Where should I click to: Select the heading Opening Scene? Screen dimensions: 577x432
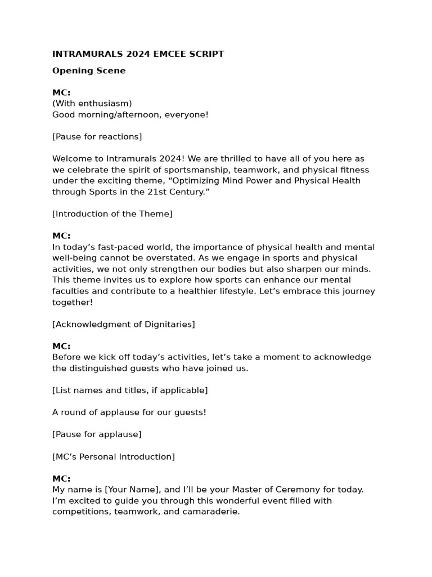[89, 71]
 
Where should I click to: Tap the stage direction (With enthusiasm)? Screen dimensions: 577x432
[92, 104]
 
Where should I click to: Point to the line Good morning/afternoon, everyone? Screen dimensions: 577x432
[130, 115]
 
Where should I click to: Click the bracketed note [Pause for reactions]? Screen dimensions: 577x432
[97, 137]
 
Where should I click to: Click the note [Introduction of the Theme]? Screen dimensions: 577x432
[112, 214]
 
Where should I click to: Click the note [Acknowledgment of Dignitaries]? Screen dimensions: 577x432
[124, 325]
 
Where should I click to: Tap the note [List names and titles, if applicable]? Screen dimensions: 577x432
[130, 390]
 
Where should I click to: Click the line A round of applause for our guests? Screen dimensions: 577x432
[129, 412]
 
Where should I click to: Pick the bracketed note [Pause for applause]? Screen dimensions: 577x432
[97, 434]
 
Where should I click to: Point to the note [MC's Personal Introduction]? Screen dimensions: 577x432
[114, 457]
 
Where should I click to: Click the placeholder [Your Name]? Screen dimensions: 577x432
[133, 490]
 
